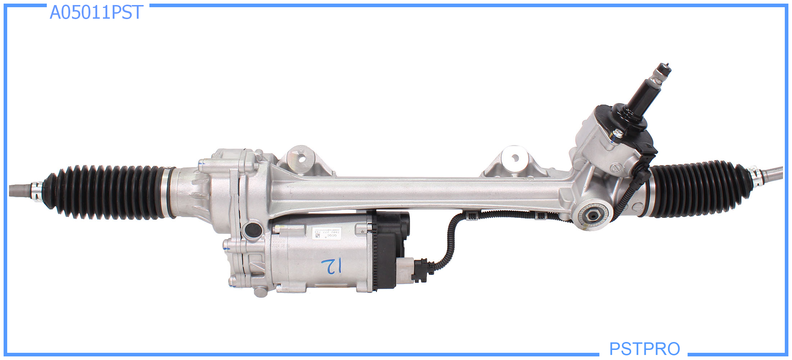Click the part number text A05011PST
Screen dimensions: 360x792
pyautogui.click(x=96, y=13)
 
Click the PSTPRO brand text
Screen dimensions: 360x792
pyautogui.click(x=644, y=348)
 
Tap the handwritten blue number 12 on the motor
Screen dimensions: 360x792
pyautogui.click(x=332, y=266)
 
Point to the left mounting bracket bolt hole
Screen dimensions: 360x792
pyautogui.click(x=302, y=158)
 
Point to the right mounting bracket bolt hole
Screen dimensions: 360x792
pyautogui.click(x=515, y=158)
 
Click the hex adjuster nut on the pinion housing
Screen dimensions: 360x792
pyautogui.click(x=592, y=216)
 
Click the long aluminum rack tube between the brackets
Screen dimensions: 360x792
pyautogui.click(x=414, y=193)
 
